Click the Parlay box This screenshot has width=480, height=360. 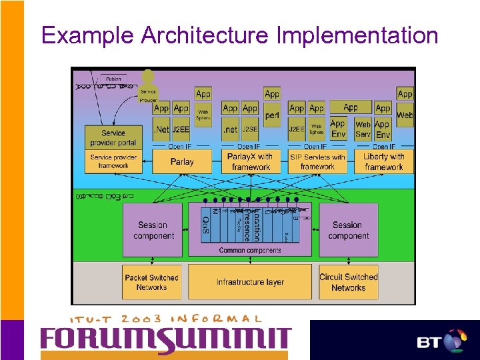[181, 161]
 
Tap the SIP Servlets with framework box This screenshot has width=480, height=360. [317, 161]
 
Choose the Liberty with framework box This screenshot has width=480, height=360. [384, 161]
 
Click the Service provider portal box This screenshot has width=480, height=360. [113, 137]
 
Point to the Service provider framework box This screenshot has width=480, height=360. [113, 161]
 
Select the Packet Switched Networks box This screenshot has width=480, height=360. [151, 282]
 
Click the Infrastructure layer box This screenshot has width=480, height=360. [250, 282]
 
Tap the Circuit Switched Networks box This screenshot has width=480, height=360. [348, 282]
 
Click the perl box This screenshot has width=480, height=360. [271, 115]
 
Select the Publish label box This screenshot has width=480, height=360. [113, 79]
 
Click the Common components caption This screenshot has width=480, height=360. [250, 251]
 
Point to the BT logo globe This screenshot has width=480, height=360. [455, 341]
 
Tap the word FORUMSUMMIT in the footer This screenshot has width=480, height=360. [165, 341]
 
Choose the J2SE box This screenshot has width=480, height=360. [250, 128]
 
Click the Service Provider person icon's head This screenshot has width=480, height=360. [147, 76]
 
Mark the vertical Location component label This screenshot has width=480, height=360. [256, 225]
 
